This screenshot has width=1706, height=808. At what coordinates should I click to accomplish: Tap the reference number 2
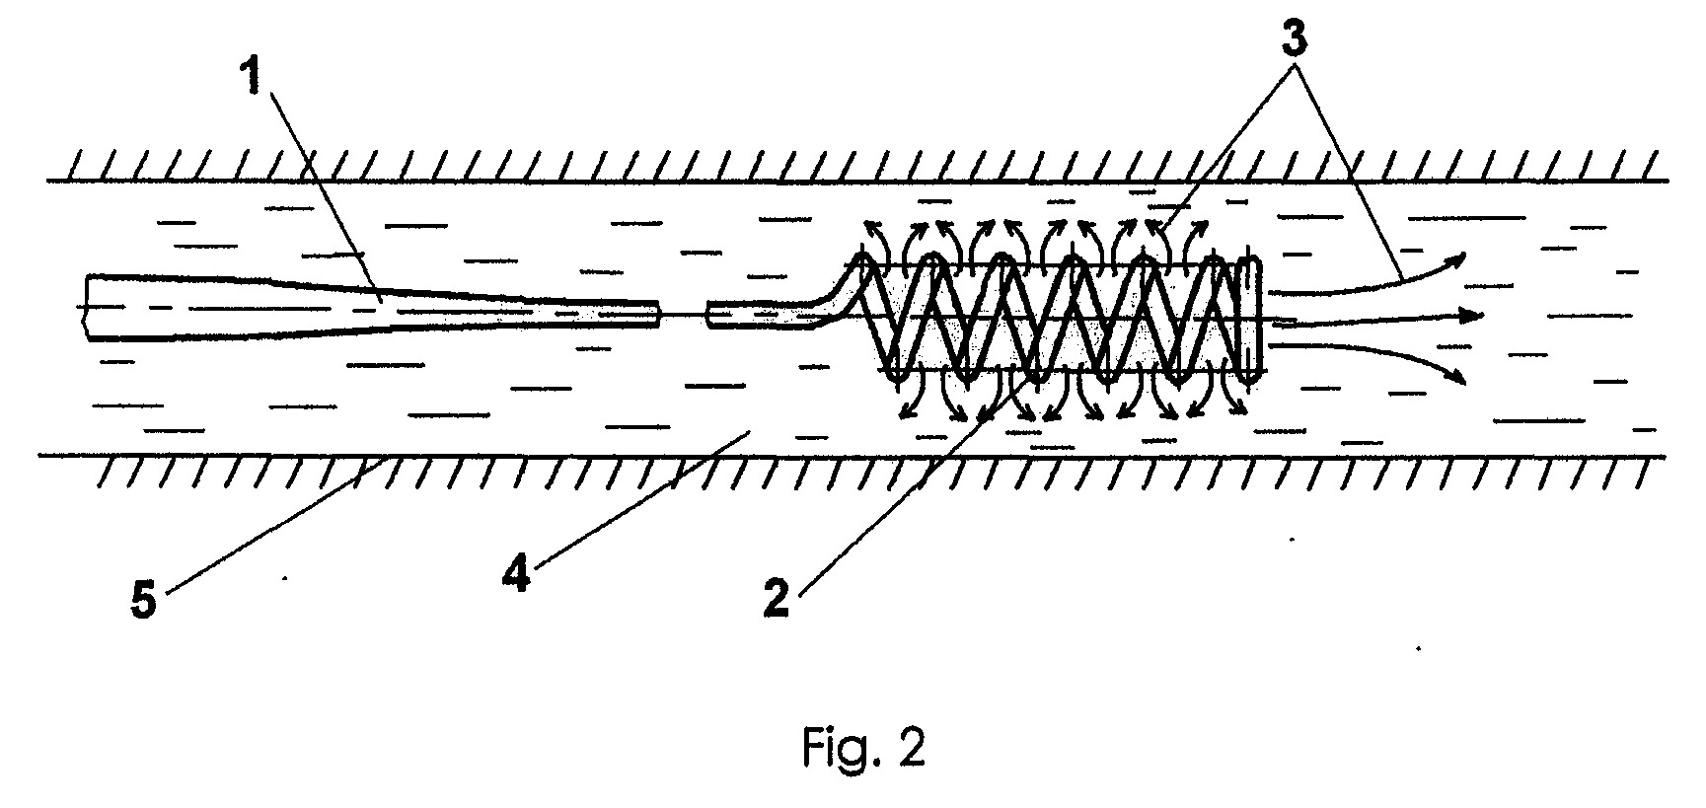pyautogui.click(x=777, y=599)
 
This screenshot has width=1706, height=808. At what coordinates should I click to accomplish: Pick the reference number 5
pyautogui.click(x=144, y=599)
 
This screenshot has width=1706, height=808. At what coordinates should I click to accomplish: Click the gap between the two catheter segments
pyautogui.click(x=683, y=316)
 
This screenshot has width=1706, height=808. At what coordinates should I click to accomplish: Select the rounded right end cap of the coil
pyautogui.click(x=1249, y=316)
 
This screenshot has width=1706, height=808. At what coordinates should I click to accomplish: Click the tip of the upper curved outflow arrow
pyautogui.click(x=1465, y=255)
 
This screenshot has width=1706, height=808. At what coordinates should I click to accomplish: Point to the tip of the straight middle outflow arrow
pyautogui.click(x=1483, y=316)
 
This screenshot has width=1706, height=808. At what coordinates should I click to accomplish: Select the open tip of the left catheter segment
pyautogui.click(x=656, y=316)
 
